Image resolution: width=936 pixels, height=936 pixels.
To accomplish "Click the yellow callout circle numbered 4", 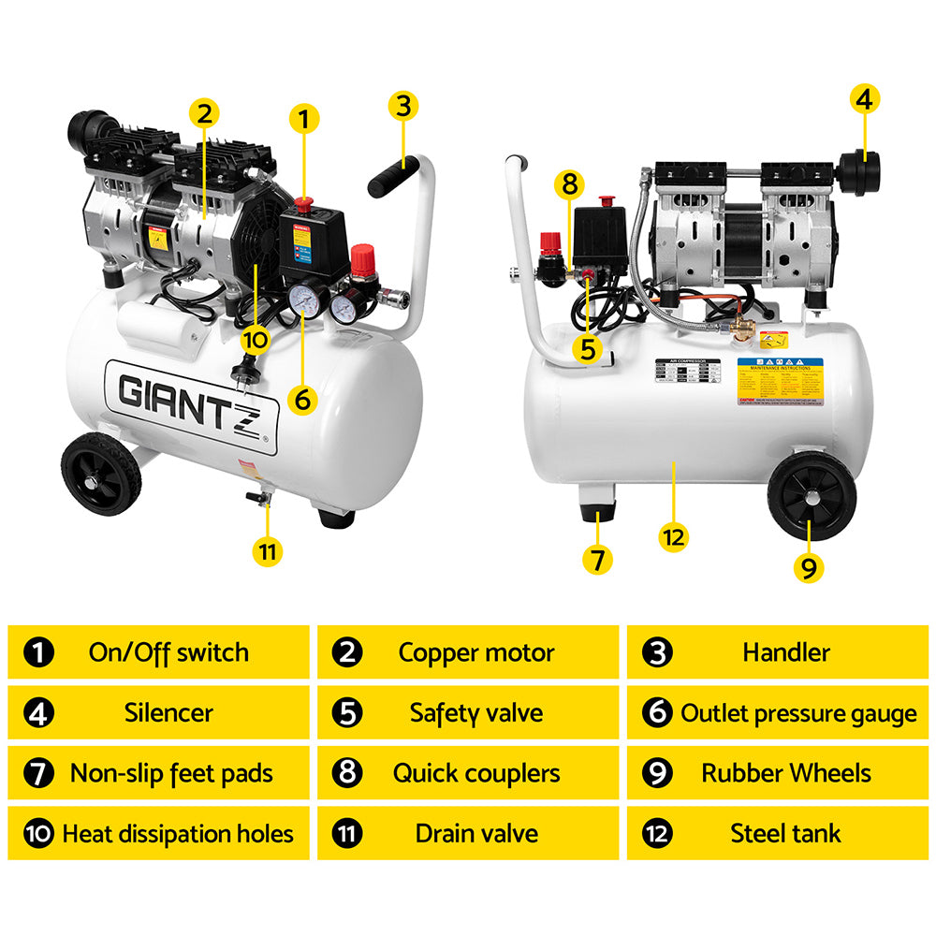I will [x=864, y=98].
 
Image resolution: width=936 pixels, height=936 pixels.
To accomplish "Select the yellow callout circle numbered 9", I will [x=811, y=565].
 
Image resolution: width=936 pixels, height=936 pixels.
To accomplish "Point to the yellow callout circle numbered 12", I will [x=673, y=537].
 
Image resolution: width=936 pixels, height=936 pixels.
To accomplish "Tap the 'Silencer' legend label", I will [x=168, y=713].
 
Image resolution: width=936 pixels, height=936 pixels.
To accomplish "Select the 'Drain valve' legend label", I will [x=476, y=833].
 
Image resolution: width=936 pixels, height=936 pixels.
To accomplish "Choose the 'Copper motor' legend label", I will [x=476, y=652].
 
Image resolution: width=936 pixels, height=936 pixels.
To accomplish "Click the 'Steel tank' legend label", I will [x=785, y=833].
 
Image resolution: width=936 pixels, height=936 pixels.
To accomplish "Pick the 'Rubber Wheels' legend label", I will [x=785, y=773].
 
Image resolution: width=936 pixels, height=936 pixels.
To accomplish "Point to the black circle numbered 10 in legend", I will [x=38, y=833].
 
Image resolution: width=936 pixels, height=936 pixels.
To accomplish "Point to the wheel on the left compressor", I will [x=101, y=474].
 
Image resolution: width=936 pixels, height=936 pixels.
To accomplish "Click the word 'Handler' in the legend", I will [x=785, y=652].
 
